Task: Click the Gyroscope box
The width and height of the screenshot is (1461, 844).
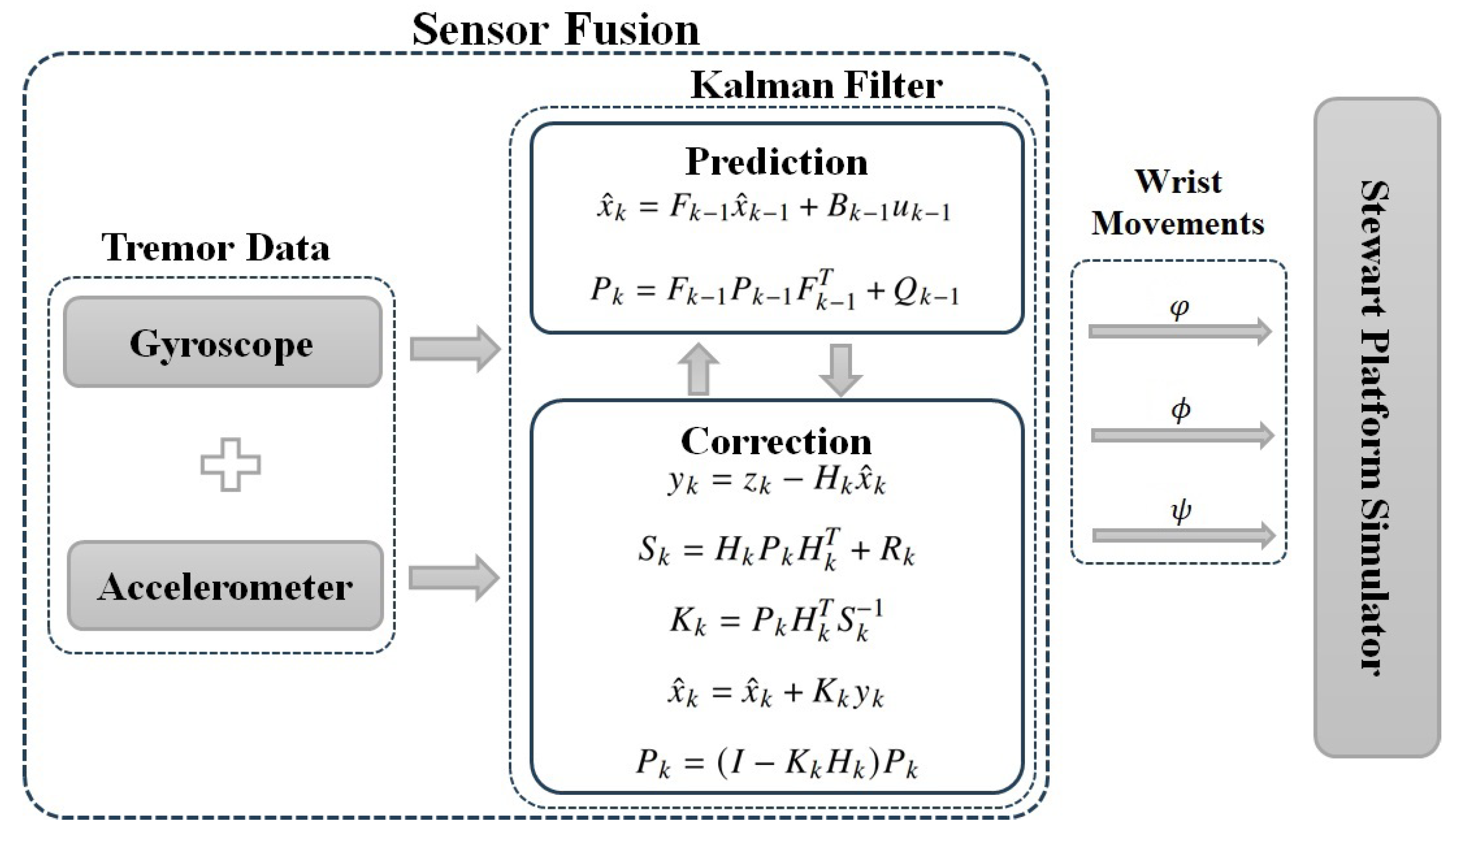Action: pyautogui.click(x=222, y=343)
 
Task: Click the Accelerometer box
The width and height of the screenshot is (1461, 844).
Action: pyautogui.click(x=225, y=586)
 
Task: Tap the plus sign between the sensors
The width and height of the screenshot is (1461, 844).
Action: pyautogui.click(x=230, y=464)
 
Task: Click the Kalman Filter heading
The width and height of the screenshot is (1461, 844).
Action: pyautogui.click(x=816, y=86)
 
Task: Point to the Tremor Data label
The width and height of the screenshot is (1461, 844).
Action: pyautogui.click(x=215, y=247)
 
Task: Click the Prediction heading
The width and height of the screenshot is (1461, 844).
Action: pyautogui.click(x=776, y=161)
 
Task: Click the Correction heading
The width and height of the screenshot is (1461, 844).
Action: pyautogui.click(x=775, y=441)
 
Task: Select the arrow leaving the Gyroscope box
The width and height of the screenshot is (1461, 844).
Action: pyautogui.click(x=454, y=348)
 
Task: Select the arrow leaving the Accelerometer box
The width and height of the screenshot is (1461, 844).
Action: pyautogui.click(x=453, y=578)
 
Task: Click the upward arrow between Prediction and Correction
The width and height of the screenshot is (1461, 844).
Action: pyautogui.click(x=698, y=369)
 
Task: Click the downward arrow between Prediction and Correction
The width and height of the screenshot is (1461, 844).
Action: pyautogui.click(x=841, y=369)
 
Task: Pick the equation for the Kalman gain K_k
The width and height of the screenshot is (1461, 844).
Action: pyautogui.click(x=775, y=621)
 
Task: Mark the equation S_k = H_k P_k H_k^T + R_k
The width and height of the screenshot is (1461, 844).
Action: pyautogui.click(x=775, y=549)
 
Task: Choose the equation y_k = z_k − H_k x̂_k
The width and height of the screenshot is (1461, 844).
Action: pyautogui.click(x=775, y=481)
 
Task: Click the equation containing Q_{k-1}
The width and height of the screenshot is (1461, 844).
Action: pyautogui.click(x=774, y=290)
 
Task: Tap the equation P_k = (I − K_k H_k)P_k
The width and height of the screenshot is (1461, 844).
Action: pyautogui.click(x=775, y=763)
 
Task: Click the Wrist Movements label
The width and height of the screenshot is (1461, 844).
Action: pyautogui.click(x=1177, y=203)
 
